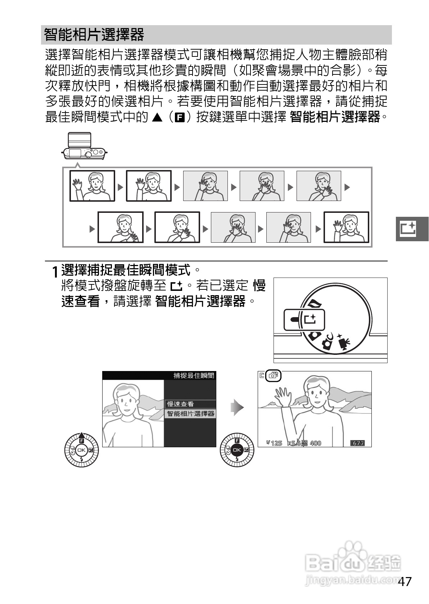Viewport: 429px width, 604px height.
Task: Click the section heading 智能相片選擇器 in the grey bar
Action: coord(94,35)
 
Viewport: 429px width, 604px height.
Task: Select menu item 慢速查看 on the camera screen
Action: coord(180,404)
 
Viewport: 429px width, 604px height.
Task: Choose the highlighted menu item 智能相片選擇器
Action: coord(190,413)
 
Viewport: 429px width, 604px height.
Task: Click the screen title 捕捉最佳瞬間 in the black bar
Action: coord(194,376)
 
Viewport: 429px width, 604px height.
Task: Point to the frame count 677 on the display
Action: coord(358,443)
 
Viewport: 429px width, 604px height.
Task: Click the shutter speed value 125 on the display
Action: coord(276,443)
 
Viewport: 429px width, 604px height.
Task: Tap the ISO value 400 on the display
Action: coord(315,443)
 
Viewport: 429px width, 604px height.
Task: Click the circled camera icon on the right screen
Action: coord(274,376)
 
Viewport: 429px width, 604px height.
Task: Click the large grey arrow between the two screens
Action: coord(237,407)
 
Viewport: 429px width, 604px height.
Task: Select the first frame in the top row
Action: coord(92,186)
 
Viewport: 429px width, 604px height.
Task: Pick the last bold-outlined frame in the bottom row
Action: coord(346,227)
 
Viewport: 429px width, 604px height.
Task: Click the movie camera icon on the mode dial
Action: coord(344,343)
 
